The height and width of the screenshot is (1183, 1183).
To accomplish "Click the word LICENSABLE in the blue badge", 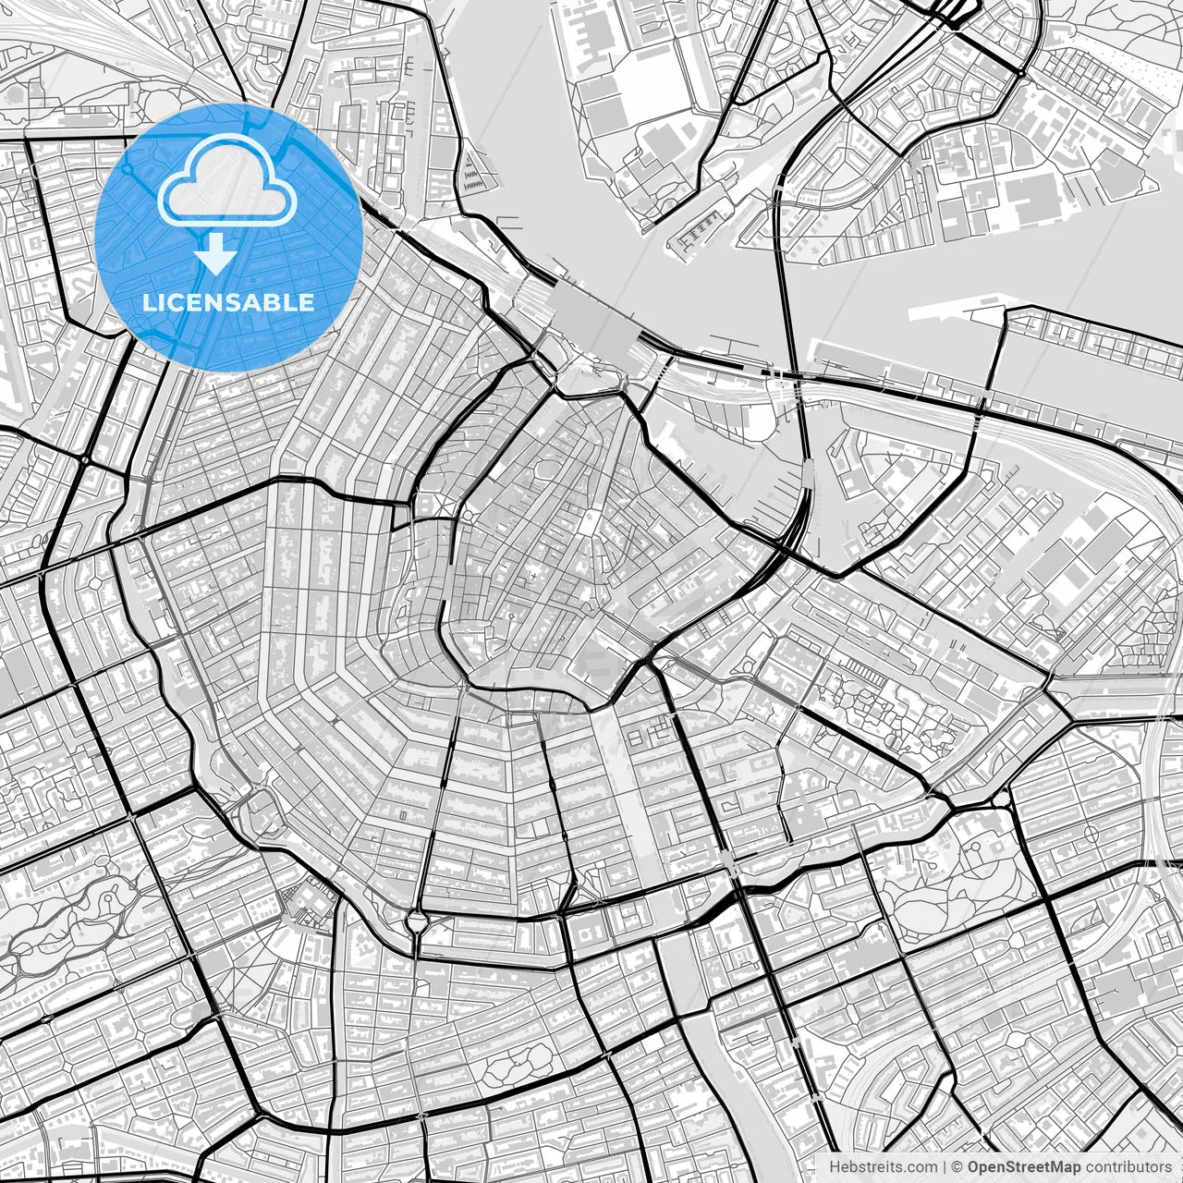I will (228, 302).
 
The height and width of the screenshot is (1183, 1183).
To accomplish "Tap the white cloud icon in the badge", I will (227, 186).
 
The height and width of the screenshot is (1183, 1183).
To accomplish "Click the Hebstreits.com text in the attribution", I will (883, 1167).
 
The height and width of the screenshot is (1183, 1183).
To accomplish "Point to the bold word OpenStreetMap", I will (1024, 1167).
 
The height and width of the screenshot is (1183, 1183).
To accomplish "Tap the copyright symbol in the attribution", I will (958, 1167).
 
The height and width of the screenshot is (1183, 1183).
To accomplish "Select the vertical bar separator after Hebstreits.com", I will (944, 1167).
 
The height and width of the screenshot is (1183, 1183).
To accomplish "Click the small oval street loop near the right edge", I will (1092, 833).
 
